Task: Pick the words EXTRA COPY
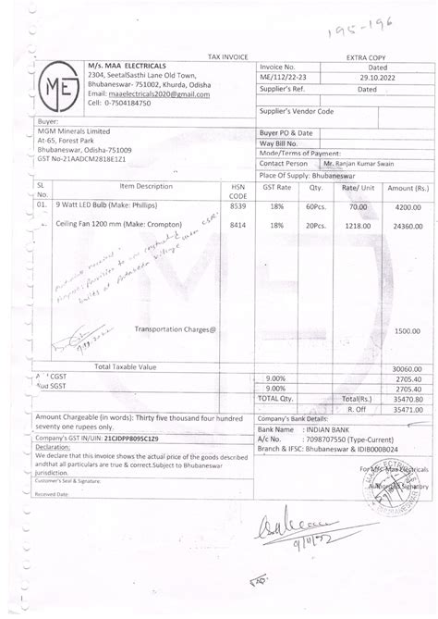point(364,57)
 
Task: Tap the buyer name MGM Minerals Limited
point(74,131)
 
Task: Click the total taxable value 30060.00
point(405,367)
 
